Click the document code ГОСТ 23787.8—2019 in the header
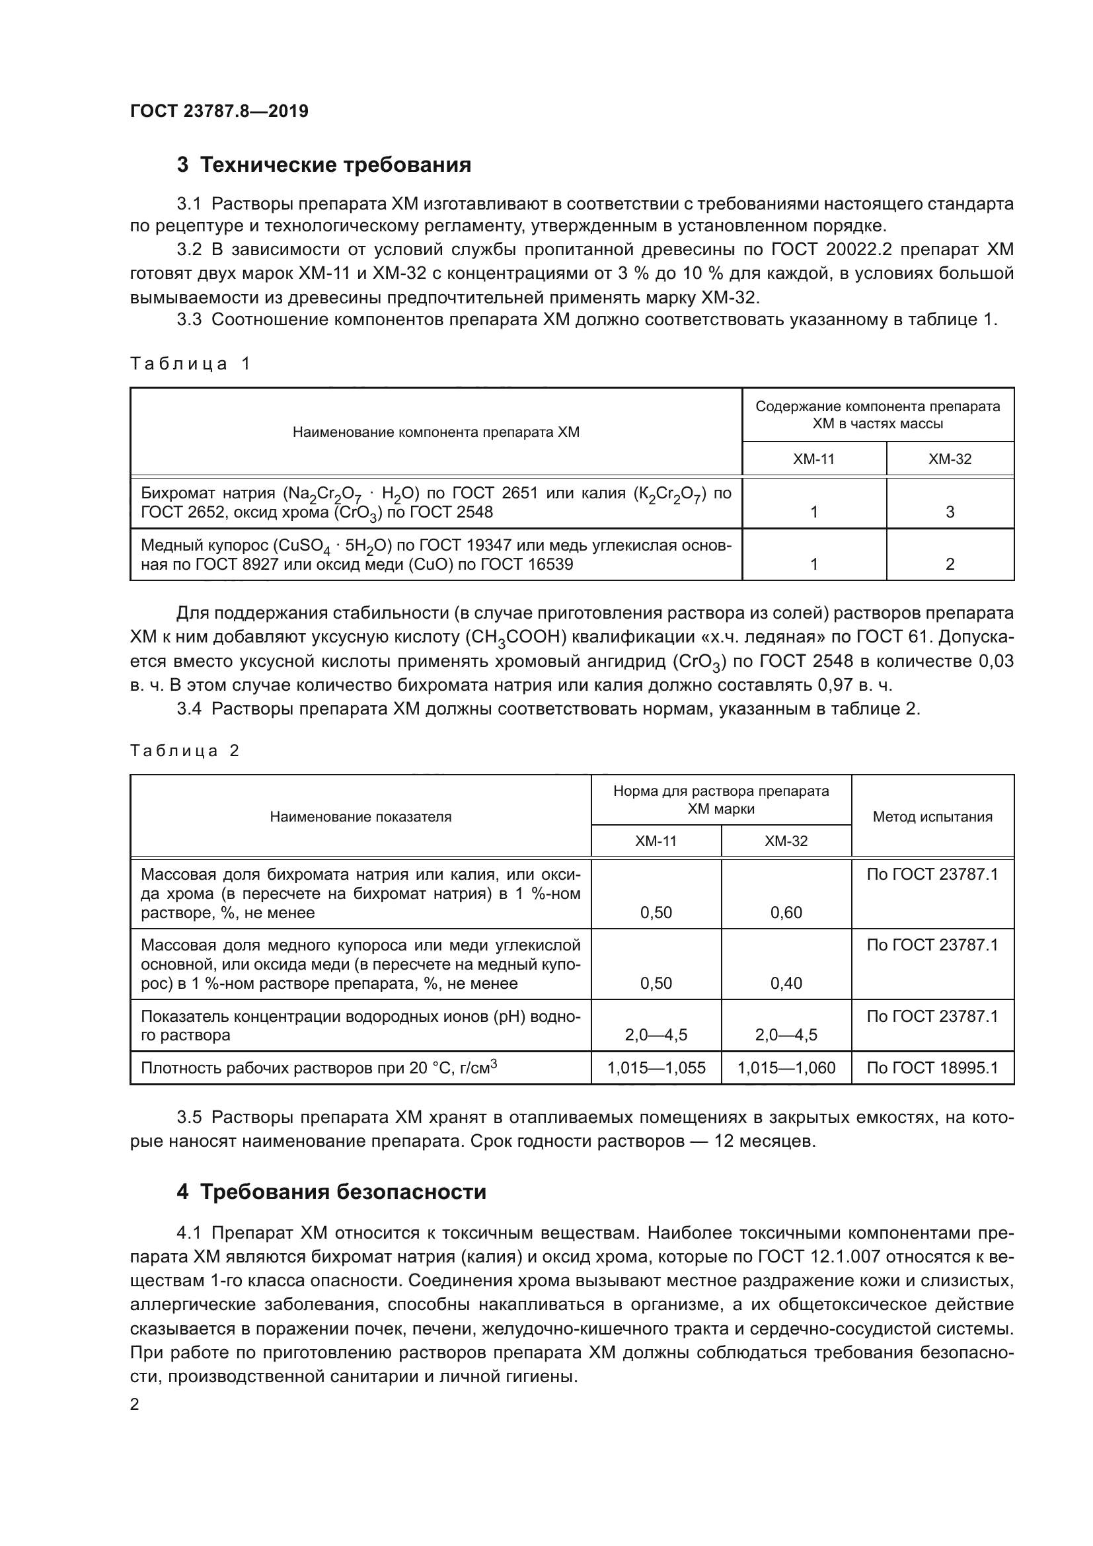tap(219, 111)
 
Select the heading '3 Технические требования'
tap(324, 165)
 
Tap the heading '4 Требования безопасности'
tap(331, 1192)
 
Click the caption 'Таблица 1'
tap(190, 364)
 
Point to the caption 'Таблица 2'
tap(184, 751)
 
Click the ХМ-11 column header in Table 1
tap(813, 459)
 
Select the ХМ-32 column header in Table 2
tap(786, 841)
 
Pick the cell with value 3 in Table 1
tap(950, 512)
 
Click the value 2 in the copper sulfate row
tap(950, 564)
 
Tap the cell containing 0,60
tap(786, 912)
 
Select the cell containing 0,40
tap(786, 983)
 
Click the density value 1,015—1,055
tap(656, 1068)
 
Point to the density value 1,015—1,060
tap(786, 1068)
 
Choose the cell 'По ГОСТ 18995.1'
tap(932, 1068)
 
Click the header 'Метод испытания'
tap(932, 817)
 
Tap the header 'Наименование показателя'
tap(360, 817)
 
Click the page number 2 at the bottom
tap(135, 1405)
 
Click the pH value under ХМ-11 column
tap(656, 1035)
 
